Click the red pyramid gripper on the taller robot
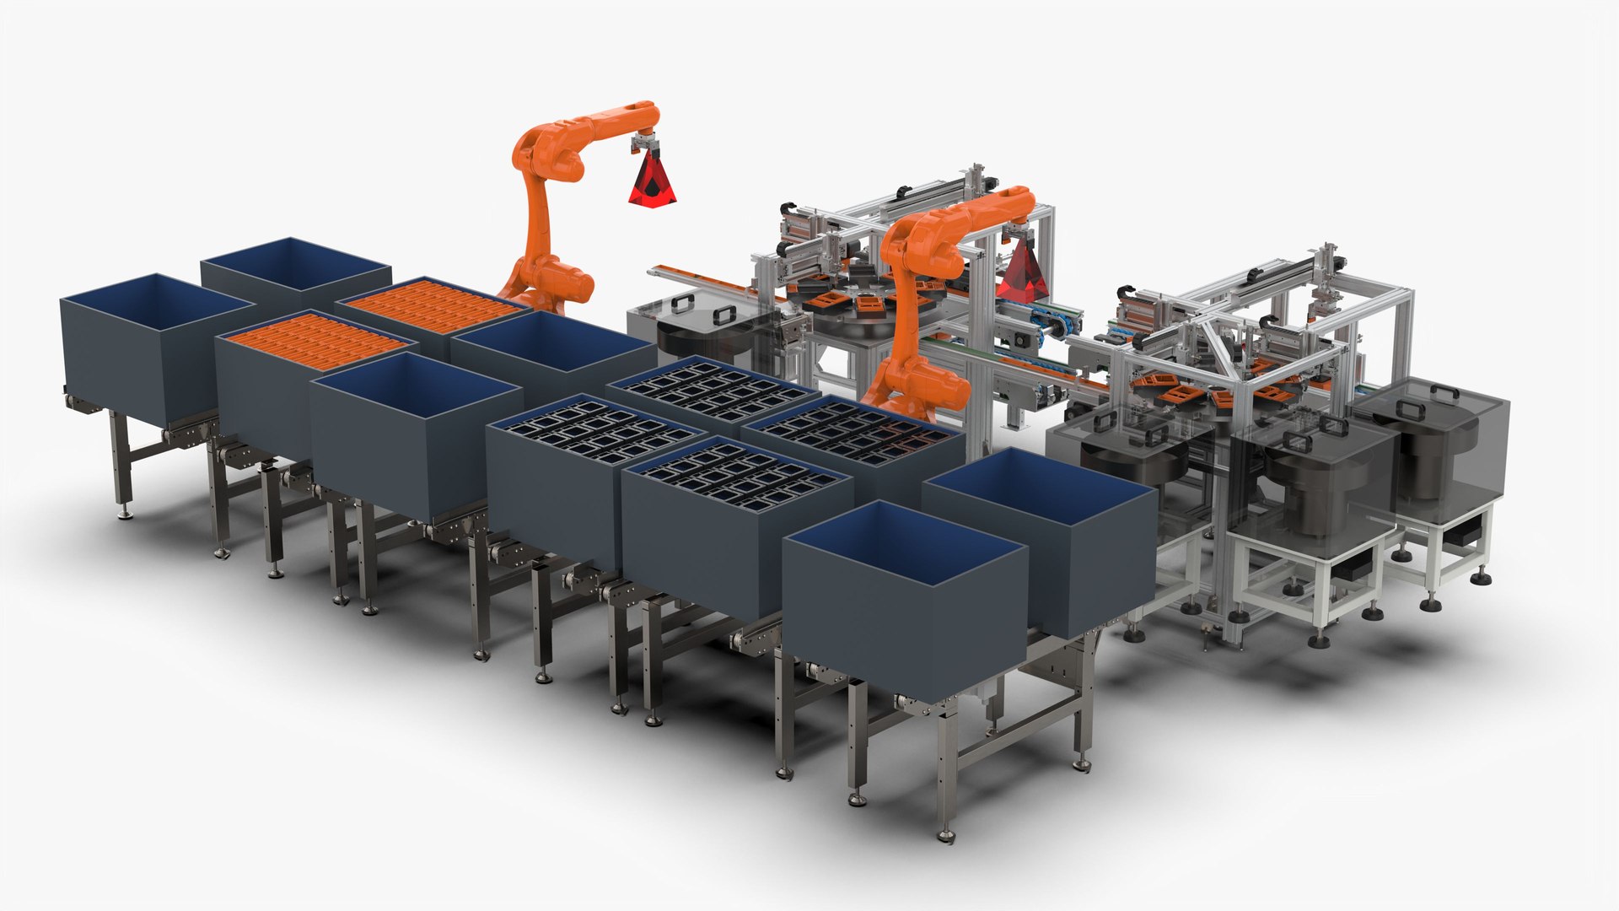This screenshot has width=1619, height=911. click(x=653, y=179)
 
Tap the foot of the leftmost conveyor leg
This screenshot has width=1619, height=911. click(x=126, y=513)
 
